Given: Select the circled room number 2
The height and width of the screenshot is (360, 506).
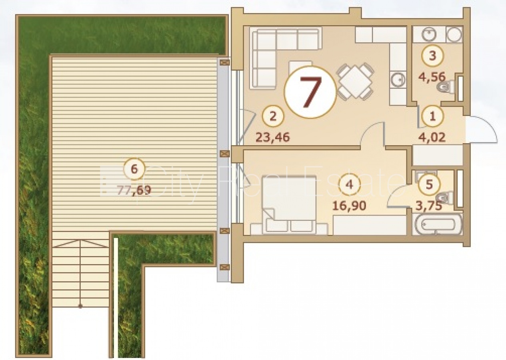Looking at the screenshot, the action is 273,116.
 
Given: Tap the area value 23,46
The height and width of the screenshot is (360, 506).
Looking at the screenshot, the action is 273,137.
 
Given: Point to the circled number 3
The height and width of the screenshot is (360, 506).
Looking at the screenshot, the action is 432,56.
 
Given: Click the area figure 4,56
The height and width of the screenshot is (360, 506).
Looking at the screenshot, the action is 432,76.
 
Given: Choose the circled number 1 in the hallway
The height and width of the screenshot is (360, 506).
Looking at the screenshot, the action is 432,116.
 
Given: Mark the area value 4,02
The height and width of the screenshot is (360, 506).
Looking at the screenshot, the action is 432,137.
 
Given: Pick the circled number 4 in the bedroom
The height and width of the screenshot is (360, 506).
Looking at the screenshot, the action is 350,184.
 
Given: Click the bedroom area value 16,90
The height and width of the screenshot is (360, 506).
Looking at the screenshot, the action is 349,206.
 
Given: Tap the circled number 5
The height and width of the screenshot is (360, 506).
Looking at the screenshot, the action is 429,184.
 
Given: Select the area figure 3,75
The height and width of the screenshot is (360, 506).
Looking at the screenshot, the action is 429,206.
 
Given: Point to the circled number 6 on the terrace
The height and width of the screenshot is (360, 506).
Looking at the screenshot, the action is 134,169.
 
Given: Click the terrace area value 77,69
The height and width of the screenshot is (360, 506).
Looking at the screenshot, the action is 134,191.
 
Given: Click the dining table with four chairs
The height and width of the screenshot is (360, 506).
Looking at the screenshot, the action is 355,82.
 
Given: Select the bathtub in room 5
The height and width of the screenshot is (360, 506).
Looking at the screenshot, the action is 437,224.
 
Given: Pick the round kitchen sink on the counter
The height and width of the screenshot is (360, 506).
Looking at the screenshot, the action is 398,80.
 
